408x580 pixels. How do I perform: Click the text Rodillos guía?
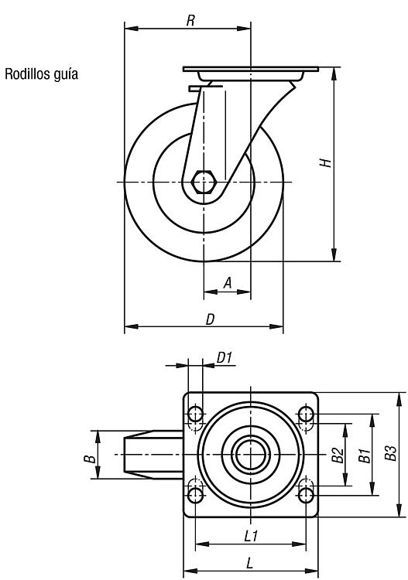(41, 74)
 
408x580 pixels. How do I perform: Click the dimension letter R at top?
(190, 21)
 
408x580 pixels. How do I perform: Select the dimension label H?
(325, 162)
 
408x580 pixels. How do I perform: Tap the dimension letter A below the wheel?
(228, 283)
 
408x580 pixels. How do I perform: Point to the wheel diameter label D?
(210, 319)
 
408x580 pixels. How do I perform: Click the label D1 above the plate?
(225, 358)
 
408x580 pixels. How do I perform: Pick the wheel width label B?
(89, 459)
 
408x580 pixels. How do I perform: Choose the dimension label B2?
(338, 455)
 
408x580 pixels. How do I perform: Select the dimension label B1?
(365, 455)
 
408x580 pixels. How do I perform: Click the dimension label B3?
(390, 452)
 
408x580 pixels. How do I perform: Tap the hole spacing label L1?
(251, 536)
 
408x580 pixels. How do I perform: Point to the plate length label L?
(250, 563)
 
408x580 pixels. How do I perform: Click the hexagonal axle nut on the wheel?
(204, 182)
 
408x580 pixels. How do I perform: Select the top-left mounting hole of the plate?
(196, 415)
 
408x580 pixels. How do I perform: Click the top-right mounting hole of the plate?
(306, 415)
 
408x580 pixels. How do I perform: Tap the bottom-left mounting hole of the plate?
(196, 495)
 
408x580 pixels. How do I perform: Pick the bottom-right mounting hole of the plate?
(306, 495)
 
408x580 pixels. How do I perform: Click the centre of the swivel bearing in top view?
(251, 455)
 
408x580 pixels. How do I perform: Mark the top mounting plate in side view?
(251, 69)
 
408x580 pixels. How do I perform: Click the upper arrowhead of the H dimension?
(334, 74)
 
